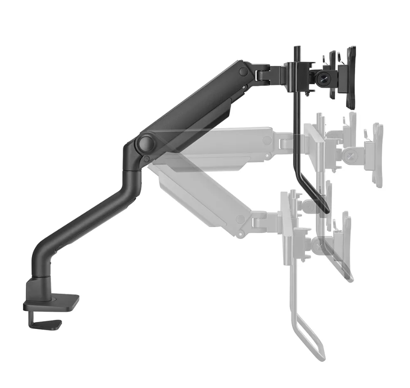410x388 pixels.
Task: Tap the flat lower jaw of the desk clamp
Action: [47, 324]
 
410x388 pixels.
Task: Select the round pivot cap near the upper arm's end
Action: [244, 71]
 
